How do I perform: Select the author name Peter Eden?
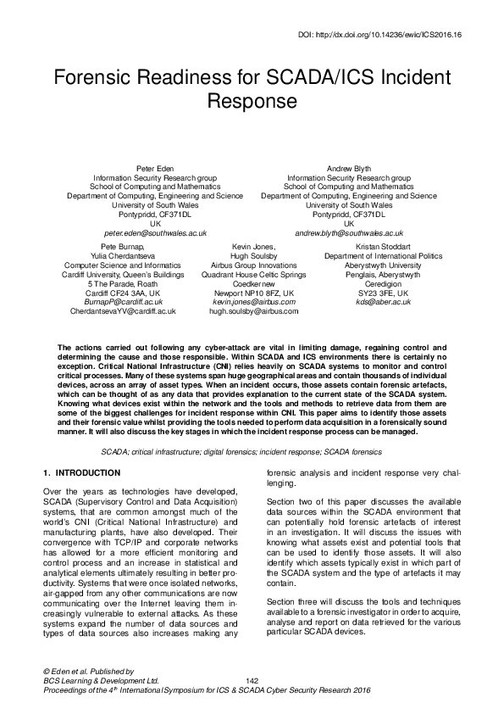pos(155,169)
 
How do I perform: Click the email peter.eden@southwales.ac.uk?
pos(155,232)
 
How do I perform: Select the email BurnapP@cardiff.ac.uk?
pos(124,302)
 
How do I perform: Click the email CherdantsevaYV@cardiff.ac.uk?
pos(124,311)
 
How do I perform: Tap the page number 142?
pos(252,681)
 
